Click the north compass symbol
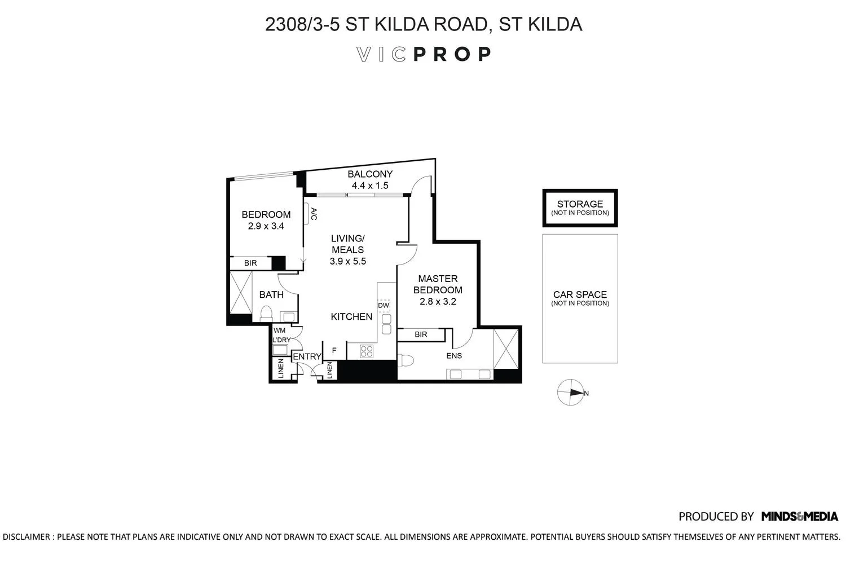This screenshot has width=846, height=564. click(570, 393)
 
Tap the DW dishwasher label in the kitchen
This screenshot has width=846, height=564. click(384, 305)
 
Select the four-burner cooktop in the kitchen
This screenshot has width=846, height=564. click(367, 351)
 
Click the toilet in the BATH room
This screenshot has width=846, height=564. click(266, 313)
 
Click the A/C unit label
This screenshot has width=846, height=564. click(314, 214)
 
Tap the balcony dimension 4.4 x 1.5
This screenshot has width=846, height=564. click(370, 186)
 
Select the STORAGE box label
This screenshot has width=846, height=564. click(580, 204)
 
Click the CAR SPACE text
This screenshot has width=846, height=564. click(580, 294)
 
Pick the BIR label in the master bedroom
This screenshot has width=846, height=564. click(421, 334)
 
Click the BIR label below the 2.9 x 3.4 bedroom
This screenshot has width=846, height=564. click(250, 263)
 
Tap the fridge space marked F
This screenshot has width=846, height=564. click(334, 351)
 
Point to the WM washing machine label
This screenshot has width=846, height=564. click(280, 331)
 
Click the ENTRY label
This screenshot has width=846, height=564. click(307, 356)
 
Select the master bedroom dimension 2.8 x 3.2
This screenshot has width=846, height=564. click(438, 301)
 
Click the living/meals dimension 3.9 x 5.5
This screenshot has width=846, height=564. click(348, 261)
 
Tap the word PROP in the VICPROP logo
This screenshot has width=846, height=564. click(452, 54)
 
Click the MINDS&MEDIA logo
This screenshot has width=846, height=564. click(800, 517)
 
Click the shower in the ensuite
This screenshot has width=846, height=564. click(506, 349)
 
